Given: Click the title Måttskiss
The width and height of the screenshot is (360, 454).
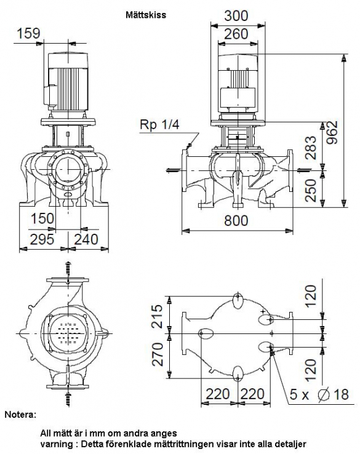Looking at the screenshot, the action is coord(146,15).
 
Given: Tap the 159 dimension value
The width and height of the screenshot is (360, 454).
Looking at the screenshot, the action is coord(28,33).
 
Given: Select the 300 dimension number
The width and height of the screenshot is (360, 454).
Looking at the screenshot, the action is coord(236,15).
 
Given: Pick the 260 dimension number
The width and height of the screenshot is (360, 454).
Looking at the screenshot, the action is coord(236,34).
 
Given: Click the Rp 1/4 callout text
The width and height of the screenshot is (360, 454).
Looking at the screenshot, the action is coord(159,124).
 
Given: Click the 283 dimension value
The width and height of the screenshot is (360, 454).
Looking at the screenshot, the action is coord(311,148).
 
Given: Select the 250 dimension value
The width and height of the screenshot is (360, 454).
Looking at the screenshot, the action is coord(311,190).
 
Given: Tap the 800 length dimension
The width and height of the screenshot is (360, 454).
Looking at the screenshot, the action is coord(236,221).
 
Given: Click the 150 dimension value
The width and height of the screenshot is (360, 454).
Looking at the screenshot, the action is coord(42,218).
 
